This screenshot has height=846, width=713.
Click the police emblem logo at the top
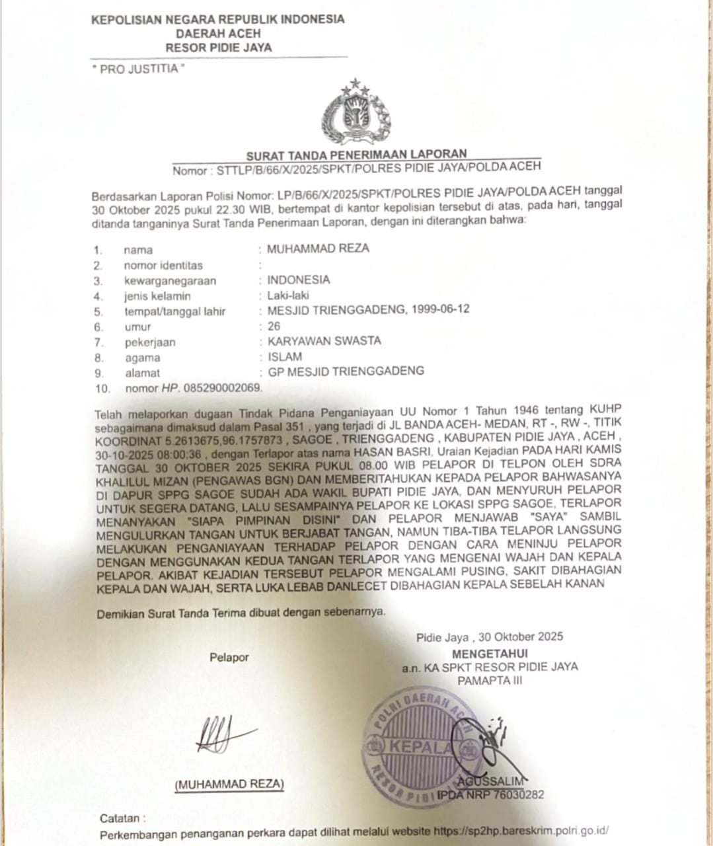(356, 112)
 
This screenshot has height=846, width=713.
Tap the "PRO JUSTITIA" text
(138, 69)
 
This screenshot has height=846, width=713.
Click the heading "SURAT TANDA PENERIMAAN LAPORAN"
(356, 155)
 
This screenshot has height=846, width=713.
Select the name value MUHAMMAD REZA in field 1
(318, 249)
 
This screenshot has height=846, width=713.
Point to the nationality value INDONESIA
(298, 280)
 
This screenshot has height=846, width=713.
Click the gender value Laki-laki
(288, 295)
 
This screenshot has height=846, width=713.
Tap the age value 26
(274, 326)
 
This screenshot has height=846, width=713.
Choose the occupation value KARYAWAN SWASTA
(324, 341)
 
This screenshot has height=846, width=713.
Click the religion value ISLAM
(285, 357)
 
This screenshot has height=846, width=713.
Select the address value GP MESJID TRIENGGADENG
(346, 371)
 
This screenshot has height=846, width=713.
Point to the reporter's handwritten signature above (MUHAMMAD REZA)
(222, 735)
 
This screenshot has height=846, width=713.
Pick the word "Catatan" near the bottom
(120, 818)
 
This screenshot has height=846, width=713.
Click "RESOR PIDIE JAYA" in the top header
(218, 48)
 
